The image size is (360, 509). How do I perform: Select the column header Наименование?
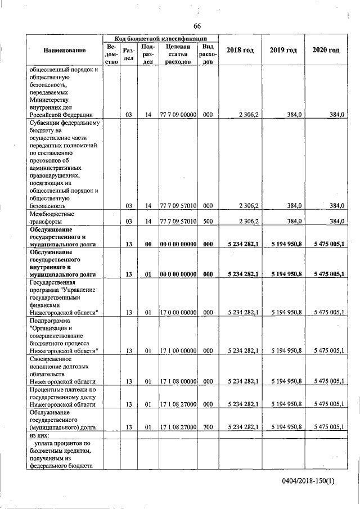(x=64, y=51)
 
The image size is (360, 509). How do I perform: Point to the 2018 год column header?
(x=240, y=51)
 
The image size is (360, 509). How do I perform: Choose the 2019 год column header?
(x=283, y=51)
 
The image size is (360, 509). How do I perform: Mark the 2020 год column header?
(x=326, y=51)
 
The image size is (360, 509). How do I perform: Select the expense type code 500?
(x=208, y=222)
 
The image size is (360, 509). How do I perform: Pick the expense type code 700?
(x=208, y=427)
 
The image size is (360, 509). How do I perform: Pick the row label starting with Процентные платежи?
(x=64, y=397)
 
